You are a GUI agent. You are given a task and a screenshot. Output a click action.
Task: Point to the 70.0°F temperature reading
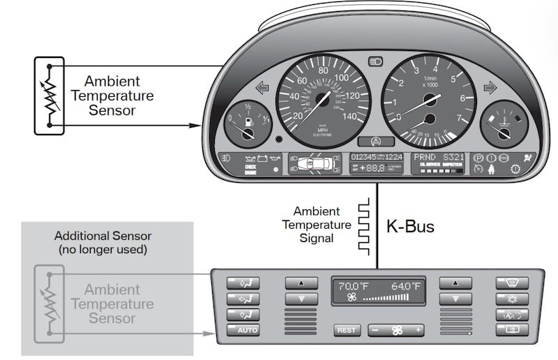point(353,287)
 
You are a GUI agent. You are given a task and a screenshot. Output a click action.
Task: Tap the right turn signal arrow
point(489,89)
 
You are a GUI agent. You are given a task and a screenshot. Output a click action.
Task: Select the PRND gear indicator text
point(427,157)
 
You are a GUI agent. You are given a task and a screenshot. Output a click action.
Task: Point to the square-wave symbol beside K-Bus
point(362,220)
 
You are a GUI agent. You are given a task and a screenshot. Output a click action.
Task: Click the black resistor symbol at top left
point(50,96)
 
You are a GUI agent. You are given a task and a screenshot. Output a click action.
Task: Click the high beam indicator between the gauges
point(375,62)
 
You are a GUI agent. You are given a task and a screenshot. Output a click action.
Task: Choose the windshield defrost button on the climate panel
point(511,282)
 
